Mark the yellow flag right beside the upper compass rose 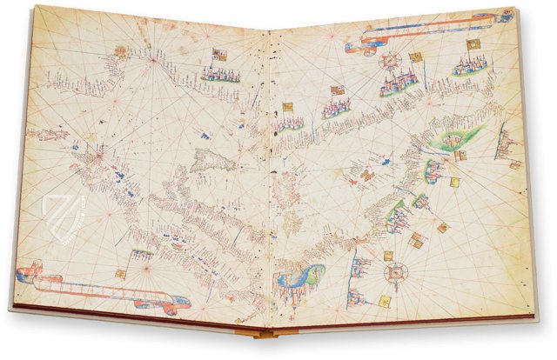415,57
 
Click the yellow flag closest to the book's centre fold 287,107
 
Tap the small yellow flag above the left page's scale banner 121,275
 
